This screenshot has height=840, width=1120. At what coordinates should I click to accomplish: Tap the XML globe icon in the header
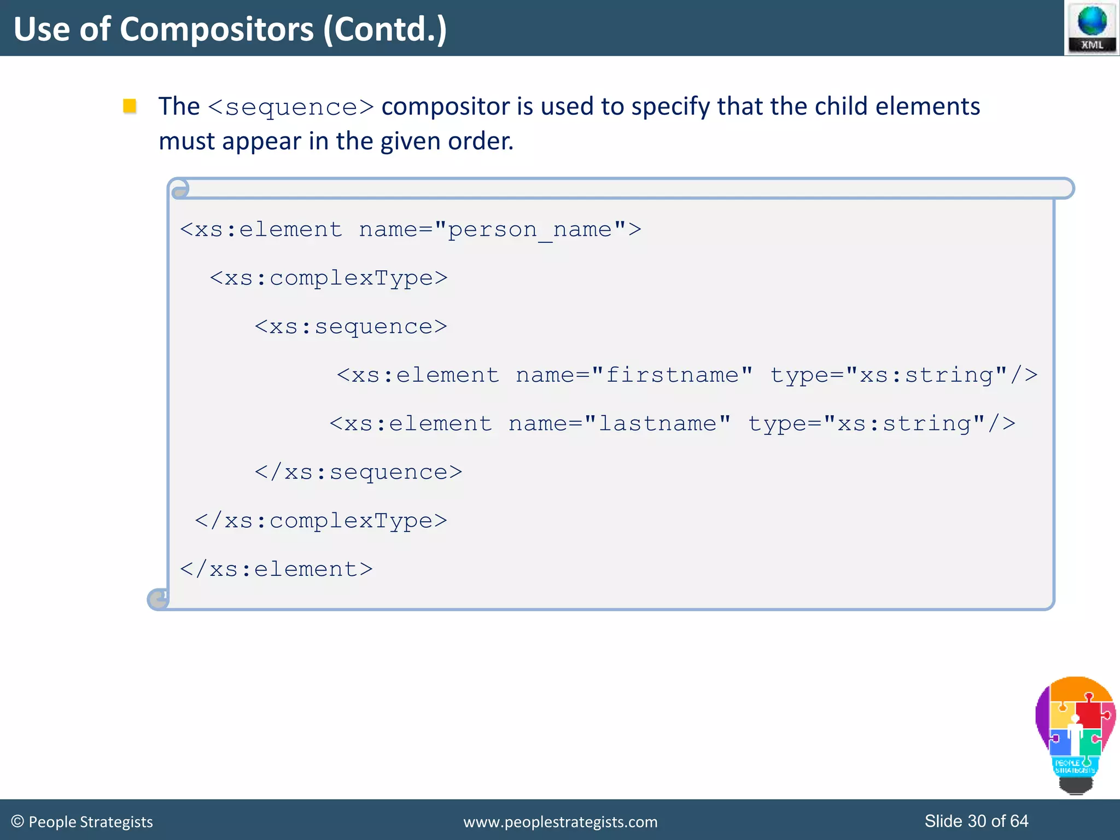[x=1092, y=27]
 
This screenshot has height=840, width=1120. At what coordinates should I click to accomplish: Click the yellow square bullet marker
[x=130, y=106]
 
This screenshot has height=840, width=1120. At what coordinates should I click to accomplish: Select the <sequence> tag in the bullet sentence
[x=291, y=107]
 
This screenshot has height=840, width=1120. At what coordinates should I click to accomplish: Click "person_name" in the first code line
[x=530, y=230]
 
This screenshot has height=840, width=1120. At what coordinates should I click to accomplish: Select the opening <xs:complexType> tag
[x=329, y=278]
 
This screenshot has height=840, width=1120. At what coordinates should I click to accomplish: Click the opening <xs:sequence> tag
[x=351, y=327]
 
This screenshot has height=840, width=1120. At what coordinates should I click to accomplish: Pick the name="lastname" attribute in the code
[x=620, y=424]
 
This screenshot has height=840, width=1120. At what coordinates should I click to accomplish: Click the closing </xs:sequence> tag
[x=358, y=472]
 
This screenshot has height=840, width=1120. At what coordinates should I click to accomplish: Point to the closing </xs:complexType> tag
[x=321, y=521]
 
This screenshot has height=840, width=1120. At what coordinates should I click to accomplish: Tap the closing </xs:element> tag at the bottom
[x=276, y=570]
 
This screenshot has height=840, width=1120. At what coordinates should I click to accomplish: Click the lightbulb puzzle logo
[x=1075, y=733]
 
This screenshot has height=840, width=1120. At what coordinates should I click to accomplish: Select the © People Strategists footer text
[x=82, y=821]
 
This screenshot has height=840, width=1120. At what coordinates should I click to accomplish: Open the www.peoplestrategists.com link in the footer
[x=560, y=822]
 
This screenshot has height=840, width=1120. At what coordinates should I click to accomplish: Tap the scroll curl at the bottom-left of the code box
[x=158, y=599]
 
